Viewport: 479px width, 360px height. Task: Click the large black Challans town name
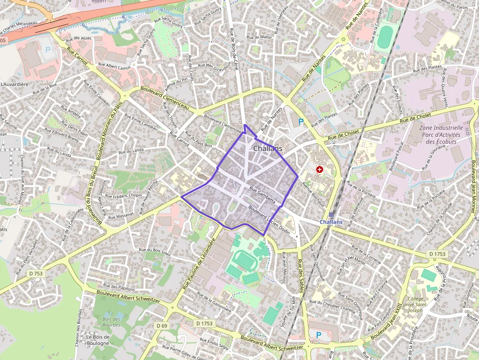click(x=267, y=148)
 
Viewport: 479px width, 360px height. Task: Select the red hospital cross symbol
click(x=320, y=169)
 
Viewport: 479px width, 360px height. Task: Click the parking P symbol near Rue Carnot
click(x=48, y=49)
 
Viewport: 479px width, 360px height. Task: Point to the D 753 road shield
click(x=36, y=274)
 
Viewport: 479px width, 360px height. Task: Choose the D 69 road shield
click(x=162, y=325)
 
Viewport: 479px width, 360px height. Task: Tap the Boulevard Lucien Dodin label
click(x=269, y=220)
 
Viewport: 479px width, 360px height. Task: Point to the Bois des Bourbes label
click(x=111, y=322)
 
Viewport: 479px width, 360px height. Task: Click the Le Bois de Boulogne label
click(x=98, y=340)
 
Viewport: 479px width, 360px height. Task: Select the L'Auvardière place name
click(x=14, y=84)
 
